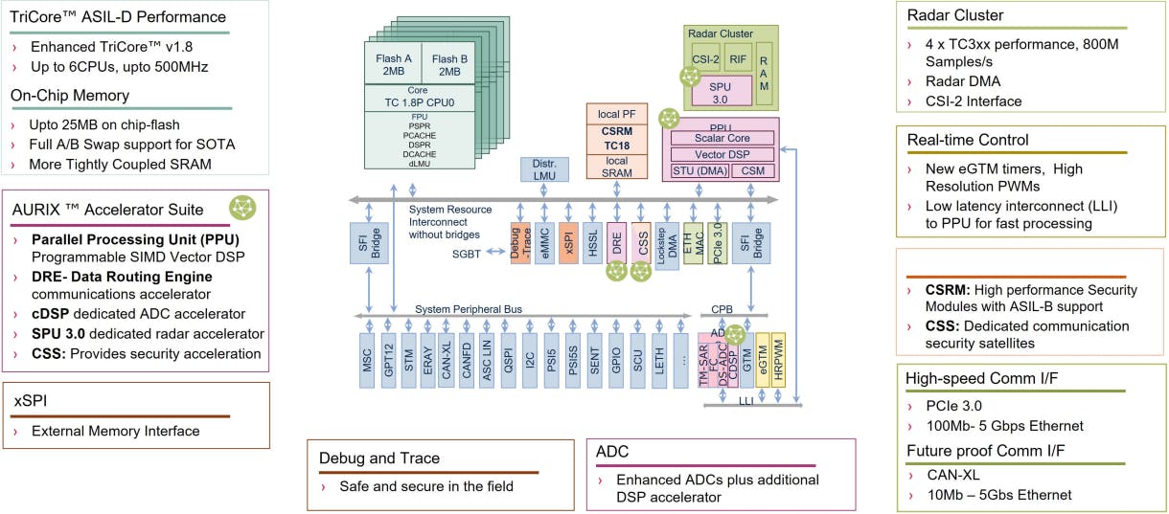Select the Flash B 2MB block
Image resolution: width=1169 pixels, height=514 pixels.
447,63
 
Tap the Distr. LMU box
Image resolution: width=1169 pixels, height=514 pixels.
543,168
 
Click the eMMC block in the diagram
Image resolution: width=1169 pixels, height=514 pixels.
544,242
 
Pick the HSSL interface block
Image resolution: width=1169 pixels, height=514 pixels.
594,242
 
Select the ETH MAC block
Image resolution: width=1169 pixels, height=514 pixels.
693,242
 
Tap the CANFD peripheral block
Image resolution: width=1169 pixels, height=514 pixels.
467,359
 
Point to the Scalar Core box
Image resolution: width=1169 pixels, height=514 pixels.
722,138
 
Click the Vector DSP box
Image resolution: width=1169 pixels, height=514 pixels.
722,154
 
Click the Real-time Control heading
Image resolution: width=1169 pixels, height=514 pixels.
969,141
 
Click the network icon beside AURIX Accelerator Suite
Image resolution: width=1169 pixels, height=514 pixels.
241,207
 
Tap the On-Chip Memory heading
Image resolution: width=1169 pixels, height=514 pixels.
69,95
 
